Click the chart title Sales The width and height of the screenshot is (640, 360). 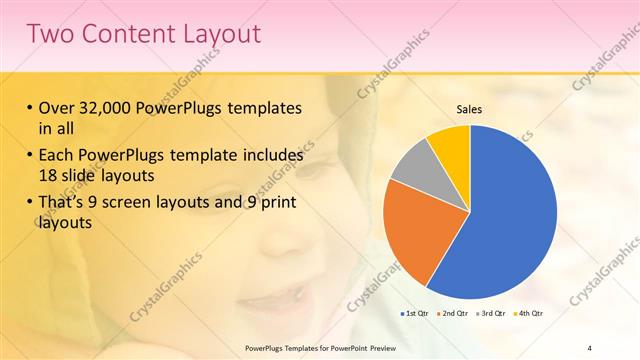coord(470,109)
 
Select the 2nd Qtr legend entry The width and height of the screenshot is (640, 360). coord(453,314)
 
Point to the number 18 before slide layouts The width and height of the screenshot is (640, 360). coord(48,174)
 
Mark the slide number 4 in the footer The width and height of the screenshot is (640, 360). coord(590,347)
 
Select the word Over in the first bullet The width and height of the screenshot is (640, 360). coord(57,108)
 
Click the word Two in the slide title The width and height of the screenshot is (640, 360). coord(49,33)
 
